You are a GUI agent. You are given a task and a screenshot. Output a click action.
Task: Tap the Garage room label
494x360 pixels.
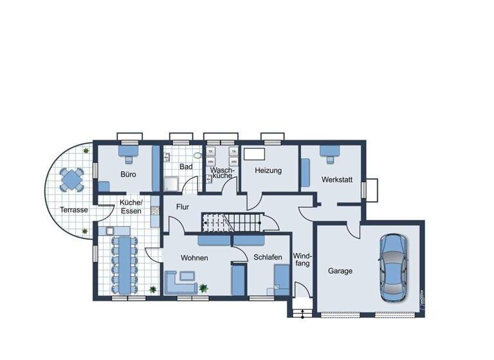click(340, 271)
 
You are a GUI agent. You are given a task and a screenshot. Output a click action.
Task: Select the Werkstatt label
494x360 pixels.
click(337, 180)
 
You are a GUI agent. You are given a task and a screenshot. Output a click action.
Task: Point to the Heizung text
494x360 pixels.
click(268, 171)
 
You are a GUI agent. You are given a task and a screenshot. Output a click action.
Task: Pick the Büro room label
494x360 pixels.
click(128, 174)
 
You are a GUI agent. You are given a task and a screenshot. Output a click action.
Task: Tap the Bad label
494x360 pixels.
click(186, 167)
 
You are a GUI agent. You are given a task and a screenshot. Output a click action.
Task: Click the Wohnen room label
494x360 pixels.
click(194, 258)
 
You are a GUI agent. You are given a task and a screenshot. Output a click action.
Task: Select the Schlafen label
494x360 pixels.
click(268, 257)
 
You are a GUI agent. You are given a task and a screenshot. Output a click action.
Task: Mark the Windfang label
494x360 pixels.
click(302, 259)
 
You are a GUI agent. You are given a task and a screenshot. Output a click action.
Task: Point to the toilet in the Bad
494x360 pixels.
click(197, 156)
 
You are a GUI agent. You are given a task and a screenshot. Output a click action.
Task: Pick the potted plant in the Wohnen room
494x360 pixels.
click(204, 287)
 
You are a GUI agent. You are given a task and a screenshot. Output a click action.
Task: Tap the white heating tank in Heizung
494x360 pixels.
click(255, 154)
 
